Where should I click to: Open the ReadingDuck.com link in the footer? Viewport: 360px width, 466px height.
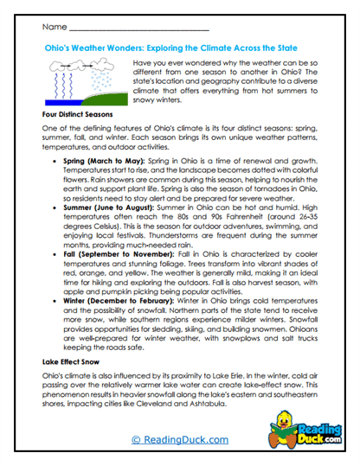(x=180, y=441)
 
